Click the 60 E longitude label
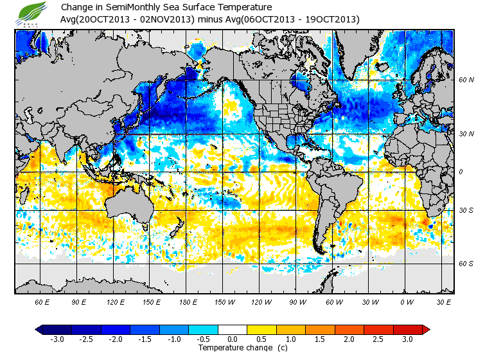(42, 302)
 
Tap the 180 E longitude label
(189, 302)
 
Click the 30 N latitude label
(466, 134)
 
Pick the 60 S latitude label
(466, 264)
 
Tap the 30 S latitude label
(466, 211)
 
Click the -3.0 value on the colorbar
(57, 339)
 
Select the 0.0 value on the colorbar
(233, 339)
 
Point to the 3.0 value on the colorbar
(407, 339)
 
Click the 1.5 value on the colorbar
(320, 339)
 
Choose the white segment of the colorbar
(233, 329)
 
